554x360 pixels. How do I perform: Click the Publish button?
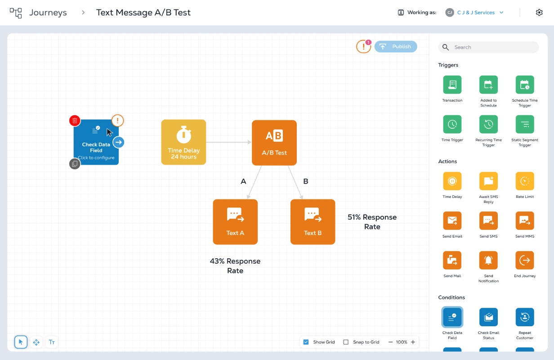395,46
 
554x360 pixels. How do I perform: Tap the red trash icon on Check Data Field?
75,121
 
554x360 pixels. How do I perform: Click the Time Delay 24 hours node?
183,142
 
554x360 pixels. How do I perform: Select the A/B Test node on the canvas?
274,143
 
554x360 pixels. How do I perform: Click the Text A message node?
235,222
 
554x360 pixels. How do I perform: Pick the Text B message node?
313,222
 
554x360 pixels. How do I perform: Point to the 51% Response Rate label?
372,222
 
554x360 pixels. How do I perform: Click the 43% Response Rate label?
235,266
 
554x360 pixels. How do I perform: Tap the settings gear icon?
539,12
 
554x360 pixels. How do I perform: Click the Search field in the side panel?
488,47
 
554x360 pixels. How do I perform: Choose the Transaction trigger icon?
452,85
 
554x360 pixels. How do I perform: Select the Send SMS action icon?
488,220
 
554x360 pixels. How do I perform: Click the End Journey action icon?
525,260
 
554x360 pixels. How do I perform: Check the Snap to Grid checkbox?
346,342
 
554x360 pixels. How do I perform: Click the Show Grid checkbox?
306,342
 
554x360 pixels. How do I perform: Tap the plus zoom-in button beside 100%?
413,342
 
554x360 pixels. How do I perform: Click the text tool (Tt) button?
52,342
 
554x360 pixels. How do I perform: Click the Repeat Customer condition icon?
525,317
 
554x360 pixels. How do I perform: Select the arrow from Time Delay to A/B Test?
229,142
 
